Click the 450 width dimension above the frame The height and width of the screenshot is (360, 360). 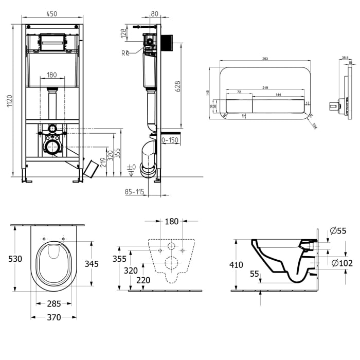pos(52,14)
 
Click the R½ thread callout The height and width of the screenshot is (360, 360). pos(125,52)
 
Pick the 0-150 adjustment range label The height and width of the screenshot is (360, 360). pos(171,140)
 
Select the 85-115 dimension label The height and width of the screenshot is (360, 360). pos(135,192)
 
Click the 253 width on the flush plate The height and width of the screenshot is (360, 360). pos(265,59)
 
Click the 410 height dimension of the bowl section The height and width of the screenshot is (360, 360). pos(237,265)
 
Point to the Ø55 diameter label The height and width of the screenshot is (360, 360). pos(338,231)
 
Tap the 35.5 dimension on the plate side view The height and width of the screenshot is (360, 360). pos(345,58)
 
